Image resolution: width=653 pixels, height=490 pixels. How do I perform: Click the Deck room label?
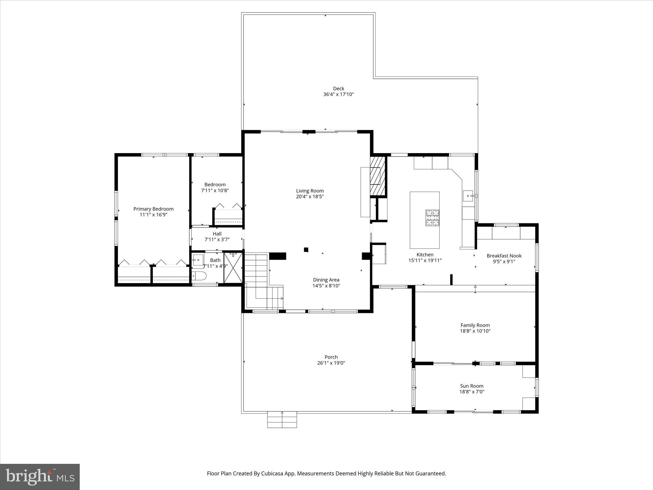click(x=338, y=89)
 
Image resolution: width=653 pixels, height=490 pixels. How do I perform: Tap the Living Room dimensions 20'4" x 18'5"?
click(x=310, y=197)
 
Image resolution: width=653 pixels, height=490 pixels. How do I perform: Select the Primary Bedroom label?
click(x=153, y=209)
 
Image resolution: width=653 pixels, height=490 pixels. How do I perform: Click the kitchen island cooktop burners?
click(x=432, y=218)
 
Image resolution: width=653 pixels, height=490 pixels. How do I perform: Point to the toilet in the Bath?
click(x=200, y=276)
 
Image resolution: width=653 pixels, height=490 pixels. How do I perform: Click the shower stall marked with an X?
click(x=233, y=267)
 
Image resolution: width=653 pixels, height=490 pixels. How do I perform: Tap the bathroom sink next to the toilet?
click(x=198, y=260)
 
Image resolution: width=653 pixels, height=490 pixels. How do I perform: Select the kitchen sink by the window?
click(x=468, y=195)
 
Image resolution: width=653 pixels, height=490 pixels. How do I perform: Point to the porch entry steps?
click(x=282, y=419)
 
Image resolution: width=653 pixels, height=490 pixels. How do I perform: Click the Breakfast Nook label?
click(x=504, y=256)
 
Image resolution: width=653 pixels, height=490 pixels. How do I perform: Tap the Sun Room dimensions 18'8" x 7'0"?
click(x=472, y=392)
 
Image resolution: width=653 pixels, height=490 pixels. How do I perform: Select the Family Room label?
click(x=475, y=325)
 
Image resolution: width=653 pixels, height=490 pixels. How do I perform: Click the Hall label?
click(x=217, y=234)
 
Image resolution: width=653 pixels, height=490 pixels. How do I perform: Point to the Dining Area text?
click(x=326, y=280)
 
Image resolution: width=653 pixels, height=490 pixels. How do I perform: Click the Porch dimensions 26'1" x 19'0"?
click(x=331, y=363)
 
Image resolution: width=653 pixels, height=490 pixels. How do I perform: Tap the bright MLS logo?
click(x=40, y=477)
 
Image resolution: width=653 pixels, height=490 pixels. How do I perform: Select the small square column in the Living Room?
click(x=306, y=250)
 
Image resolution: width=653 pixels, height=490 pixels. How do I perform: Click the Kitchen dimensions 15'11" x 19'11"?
click(x=425, y=260)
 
